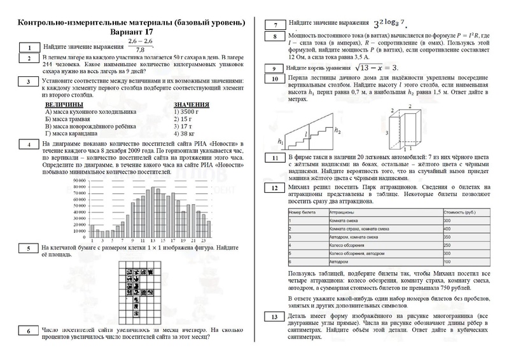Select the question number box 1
pyautogui.click(x=29, y=47)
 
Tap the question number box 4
pyautogui.click(x=29, y=144)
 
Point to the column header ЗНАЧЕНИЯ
pyautogui.click(x=192, y=104)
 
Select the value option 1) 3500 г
pyautogui.click(x=187, y=111)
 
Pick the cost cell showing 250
pyautogui.click(x=447, y=245)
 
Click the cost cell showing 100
pyautogui.click(x=447, y=261)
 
